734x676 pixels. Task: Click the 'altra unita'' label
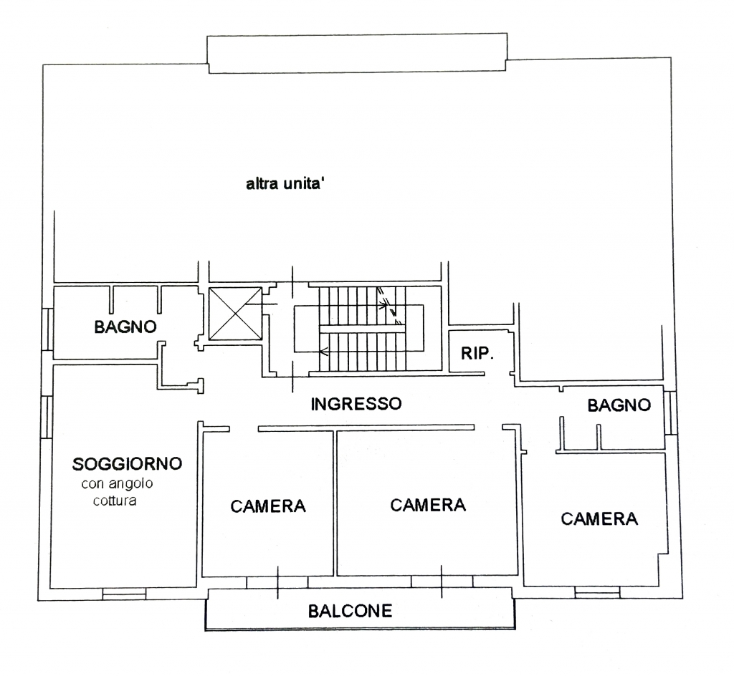tap(285, 184)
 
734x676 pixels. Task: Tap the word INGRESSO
tap(356, 404)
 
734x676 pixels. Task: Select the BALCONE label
tap(350, 611)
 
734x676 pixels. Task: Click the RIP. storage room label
tap(477, 354)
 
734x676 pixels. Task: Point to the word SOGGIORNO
tap(127, 464)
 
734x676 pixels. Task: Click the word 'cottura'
tap(115, 501)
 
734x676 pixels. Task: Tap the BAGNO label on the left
tap(125, 327)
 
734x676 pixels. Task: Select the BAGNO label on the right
tap(619, 405)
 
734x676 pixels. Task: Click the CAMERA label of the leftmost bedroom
tap(268, 506)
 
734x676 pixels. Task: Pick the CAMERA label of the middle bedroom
tap(428, 505)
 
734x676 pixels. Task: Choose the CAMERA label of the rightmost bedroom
tap(599, 519)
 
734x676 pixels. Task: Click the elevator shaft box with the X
tap(235, 314)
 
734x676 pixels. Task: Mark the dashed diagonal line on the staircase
tap(389, 305)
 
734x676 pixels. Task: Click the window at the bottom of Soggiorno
tap(124, 594)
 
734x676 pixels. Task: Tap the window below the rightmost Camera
tap(597, 591)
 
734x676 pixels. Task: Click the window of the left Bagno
tap(47, 329)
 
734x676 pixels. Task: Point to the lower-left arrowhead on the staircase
tap(323, 352)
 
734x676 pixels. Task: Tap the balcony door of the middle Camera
tap(442, 581)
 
